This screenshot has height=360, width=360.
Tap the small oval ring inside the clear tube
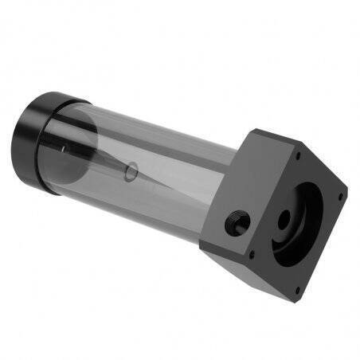[132, 169]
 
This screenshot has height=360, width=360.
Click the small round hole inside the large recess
[285, 216]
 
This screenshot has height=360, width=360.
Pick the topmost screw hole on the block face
[298, 156]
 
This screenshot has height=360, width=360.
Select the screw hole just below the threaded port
[252, 255]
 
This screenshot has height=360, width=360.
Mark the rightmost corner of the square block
[348, 192]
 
